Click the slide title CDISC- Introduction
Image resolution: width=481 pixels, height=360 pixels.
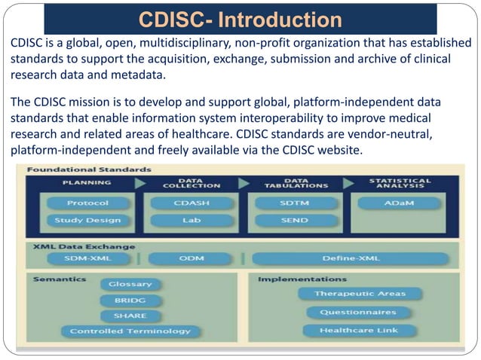pyautogui.click(x=239, y=18)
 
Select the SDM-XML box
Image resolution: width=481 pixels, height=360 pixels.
pyautogui.click(x=87, y=258)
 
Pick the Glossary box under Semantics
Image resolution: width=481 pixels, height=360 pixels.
pyautogui.click(x=130, y=284)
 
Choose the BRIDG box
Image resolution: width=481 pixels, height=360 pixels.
pyautogui.click(x=130, y=300)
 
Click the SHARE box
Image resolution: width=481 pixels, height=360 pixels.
pyautogui.click(x=130, y=316)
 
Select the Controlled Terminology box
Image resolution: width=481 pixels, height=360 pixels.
pyautogui.click(x=130, y=331)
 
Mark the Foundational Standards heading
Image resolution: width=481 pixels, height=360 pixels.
pyautogui.click(x=74, y=169)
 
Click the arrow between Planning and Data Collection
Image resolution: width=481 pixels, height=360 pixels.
pyautogui.click(x=139, y=183)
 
